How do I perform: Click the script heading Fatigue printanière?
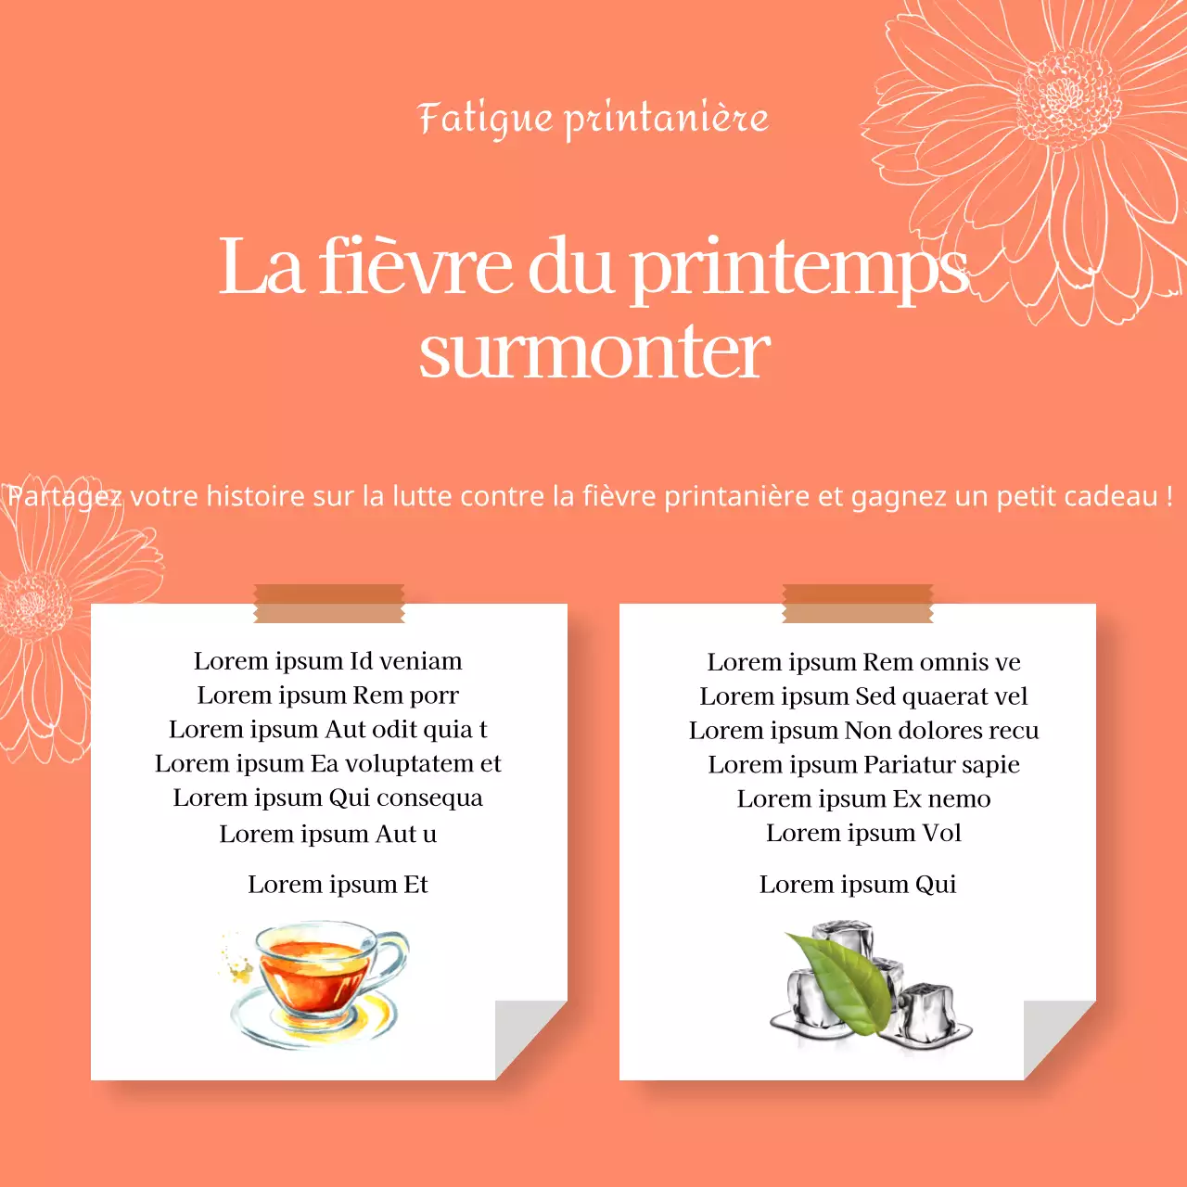pyautogui.click(x=593, y=119)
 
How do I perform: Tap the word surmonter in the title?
pyautogui.click(x=594, y=352)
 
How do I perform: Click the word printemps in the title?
pyautogui.click(x=798, y=268)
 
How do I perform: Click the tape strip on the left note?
pyautogui.click(x=329, y=604)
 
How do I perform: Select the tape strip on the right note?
pyautogui.click(x=858, y=604)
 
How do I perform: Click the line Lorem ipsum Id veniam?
pyautogui.click(x=328, y=661)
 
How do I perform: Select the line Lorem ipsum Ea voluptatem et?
pyautogui.click(x=328, y=764)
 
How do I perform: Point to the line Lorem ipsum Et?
pyautogui.click(x=338, y=885)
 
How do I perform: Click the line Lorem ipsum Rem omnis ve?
pyautogui.click(x=864, y=662)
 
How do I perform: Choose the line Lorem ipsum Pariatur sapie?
pyautogui.click(x=864, y=765)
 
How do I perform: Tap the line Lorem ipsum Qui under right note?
pyautogui.click(x=858, y=885)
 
